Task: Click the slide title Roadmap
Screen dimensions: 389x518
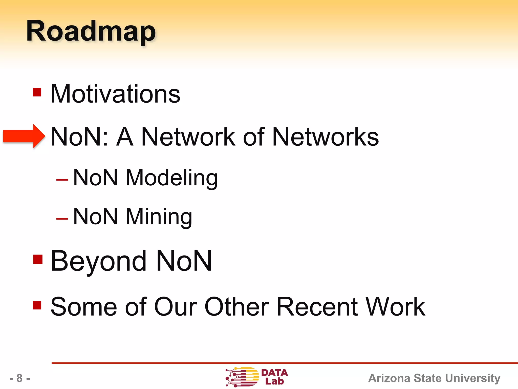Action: [x=91, y=32]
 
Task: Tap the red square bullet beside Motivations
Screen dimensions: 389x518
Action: [x=37, y=92]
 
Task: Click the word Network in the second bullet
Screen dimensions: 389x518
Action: [x=188, y=137]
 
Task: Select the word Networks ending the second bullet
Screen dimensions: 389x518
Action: [x=325, y=137]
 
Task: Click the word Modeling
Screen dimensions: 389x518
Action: [x=171, y=178]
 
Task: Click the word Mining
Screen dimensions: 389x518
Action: [x=159, y=217]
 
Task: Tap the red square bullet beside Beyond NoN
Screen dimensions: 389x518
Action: [x=38, y=259]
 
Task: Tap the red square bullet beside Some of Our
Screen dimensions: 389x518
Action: [x=37, y=305]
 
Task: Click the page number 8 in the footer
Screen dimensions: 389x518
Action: [x=19, y=378]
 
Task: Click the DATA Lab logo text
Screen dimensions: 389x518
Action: [x=274, y=377]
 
